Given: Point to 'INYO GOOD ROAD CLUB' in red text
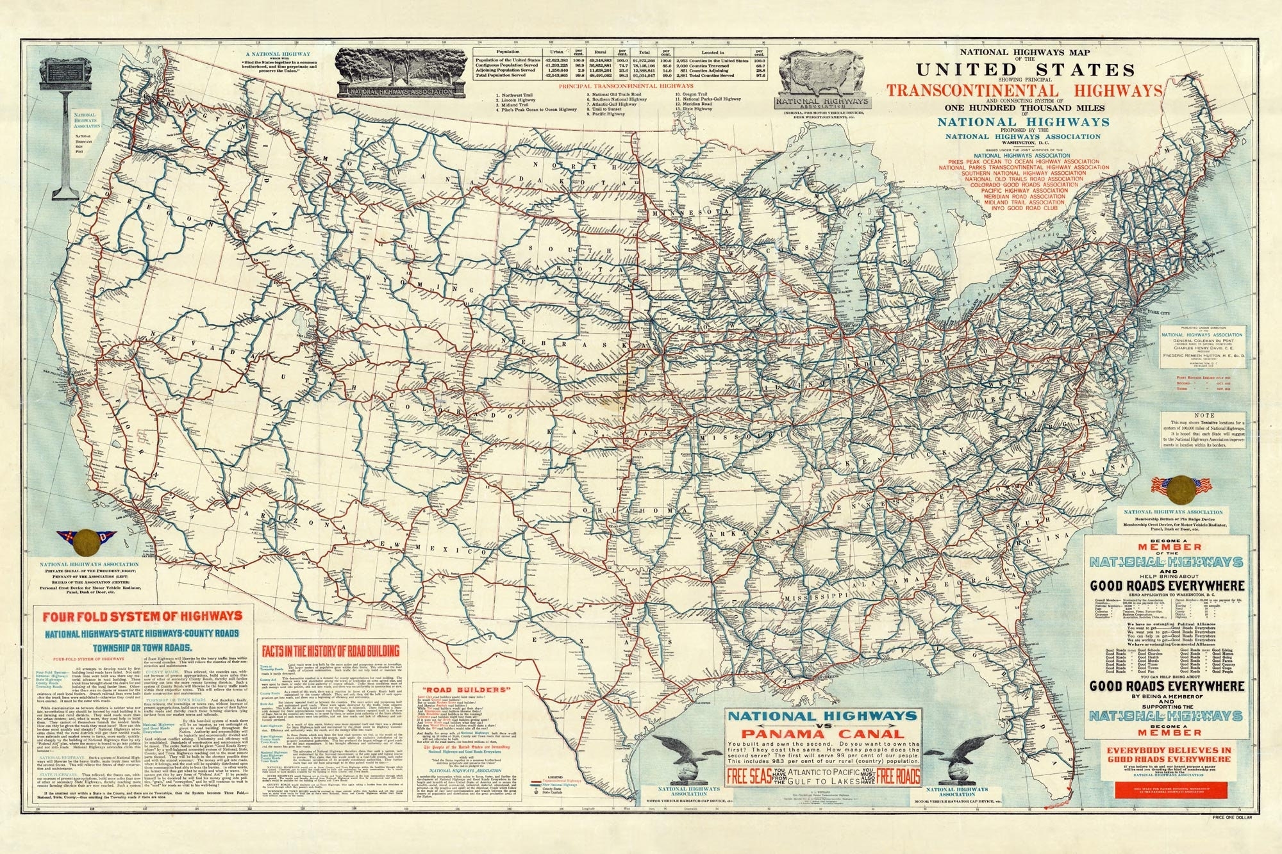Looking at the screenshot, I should (1023, 208).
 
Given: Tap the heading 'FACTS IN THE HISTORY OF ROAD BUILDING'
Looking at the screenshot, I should (331, 651).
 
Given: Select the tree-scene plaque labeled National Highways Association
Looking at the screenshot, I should (401, 72).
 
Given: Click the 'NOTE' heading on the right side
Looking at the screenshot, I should (1208, 415).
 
